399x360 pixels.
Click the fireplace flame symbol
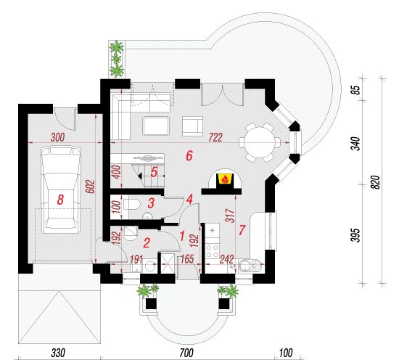point(225,179)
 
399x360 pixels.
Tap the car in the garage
point(60,189)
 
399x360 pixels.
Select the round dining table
point(260,142)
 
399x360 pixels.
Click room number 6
point(189,155)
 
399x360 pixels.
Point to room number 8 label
point(60,200)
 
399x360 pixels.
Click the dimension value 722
point(215,137)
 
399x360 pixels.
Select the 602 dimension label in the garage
point(91,187)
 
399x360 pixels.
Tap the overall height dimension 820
point(376,182)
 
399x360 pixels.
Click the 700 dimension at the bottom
point(186,353)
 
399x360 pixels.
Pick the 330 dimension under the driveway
point(58,353)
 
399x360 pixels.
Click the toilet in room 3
point(132,204)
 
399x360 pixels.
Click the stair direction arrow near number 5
point(140,176)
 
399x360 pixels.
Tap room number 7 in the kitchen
point(242,230)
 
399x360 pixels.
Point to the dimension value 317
point(230,216)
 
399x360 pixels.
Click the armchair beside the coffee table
point(193,126)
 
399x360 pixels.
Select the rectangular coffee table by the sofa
point(156,126)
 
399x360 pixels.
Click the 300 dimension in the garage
point(57,137)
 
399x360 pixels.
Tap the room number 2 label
point(147,243)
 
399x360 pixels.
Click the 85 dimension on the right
point(357,89)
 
